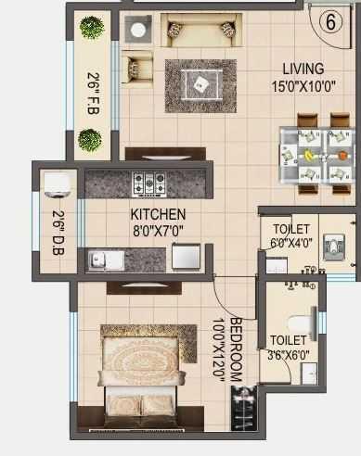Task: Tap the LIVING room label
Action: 303,69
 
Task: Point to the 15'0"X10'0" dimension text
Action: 303,86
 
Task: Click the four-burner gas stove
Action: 148,183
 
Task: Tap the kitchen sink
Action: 106,260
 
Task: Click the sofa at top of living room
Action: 199,31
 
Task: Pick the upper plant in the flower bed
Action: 91,28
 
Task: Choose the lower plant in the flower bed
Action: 90,140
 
